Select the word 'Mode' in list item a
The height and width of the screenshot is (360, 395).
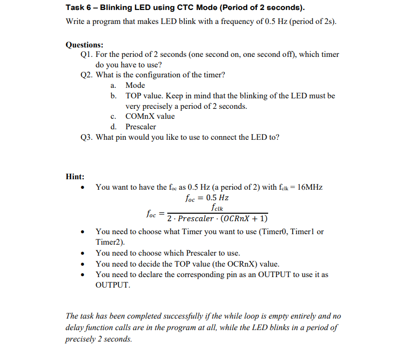click(135, 85)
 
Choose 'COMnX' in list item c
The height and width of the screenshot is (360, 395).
click(139, 116)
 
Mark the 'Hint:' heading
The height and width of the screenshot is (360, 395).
click(75, 176)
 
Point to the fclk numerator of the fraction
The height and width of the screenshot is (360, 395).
click(217, 208)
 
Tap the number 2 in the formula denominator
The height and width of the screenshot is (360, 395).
click(170, 219)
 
